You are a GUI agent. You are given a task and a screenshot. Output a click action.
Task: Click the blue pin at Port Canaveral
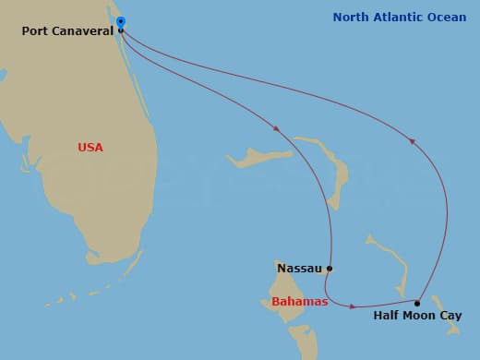(121, 22)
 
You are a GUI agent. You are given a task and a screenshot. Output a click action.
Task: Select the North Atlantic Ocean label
(400, 18)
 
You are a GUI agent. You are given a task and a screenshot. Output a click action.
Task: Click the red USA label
(90, 148)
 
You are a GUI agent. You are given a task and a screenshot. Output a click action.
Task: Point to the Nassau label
(299, 269)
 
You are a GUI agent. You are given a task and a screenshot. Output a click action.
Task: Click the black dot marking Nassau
(330, 270)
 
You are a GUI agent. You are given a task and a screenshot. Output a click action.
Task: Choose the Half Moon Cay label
(417, 316)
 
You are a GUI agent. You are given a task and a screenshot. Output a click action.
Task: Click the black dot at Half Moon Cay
(417, 303)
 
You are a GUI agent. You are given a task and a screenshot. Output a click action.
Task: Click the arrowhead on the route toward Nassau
(276, 127)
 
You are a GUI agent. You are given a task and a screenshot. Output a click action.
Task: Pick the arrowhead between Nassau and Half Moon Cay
(354, 306)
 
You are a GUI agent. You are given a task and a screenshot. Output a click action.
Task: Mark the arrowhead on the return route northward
(412, 141)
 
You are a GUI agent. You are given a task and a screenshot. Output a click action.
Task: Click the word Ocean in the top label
(447, 18)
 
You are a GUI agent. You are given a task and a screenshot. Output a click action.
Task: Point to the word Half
(387, 316)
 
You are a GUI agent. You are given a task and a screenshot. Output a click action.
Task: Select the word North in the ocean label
(352, 18)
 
